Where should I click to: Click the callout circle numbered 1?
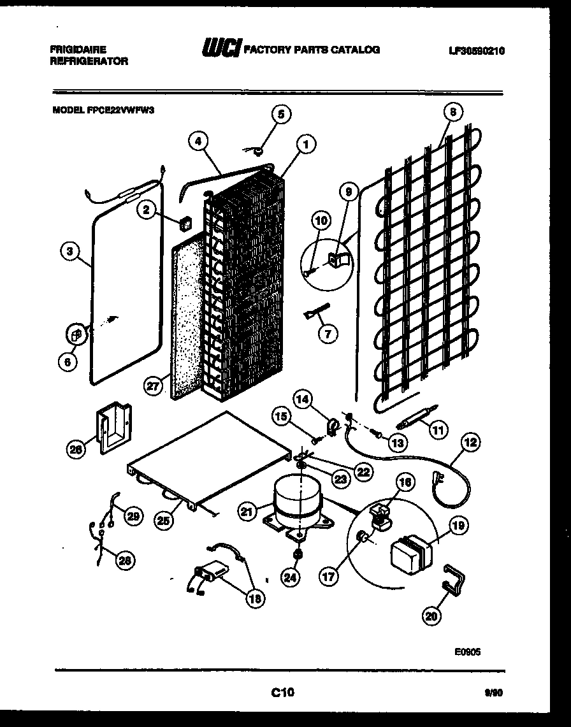[306, 145]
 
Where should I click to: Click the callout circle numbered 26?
[76, 449]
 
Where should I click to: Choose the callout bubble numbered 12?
[472, 442]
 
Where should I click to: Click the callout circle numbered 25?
[164, 520]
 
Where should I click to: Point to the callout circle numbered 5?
[280, 115]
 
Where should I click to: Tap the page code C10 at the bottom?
[281, 693]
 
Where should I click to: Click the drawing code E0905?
[468, 652]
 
